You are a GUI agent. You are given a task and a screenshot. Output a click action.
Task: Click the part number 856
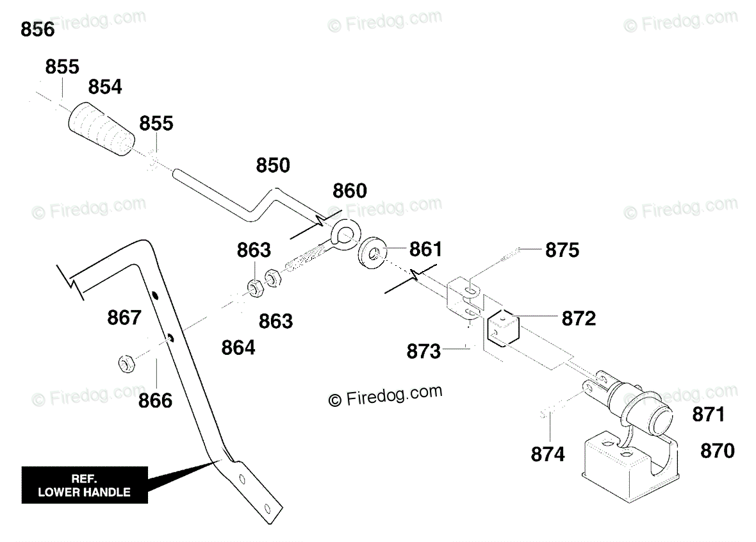click(x=38, y=30)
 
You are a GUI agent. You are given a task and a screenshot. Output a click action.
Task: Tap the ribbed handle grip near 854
click(x=101, y=129)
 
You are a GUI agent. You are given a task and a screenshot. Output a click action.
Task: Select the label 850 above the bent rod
click(x=273, y=165)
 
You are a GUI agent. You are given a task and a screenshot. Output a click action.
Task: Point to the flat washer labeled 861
click(x=372, y=252)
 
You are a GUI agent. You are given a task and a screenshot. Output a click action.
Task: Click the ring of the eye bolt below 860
click(x=346, y=233)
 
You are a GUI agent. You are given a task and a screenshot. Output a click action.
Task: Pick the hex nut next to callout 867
click(x=126, y=363)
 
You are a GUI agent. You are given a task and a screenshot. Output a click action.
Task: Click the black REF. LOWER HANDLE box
click(x=85, y=485)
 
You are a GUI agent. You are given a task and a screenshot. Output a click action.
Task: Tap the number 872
click(x=579, y=319)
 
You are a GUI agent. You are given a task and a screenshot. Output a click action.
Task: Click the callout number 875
click(x=562, y=250)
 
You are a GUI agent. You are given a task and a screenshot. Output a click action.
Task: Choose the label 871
click(x=708, y=415)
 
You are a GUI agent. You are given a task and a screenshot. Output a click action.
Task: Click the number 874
click(x=548, y=454)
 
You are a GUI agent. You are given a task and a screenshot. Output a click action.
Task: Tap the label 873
click(x=423, y=352)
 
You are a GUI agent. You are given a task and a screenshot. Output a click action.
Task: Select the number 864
click(x=238, y=348)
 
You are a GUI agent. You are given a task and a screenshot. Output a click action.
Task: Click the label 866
click(x=155, y=400)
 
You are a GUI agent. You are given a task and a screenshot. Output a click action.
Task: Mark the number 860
click(x=350, y=192)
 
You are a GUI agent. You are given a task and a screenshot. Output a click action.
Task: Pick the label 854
click(x=105, y=87)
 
